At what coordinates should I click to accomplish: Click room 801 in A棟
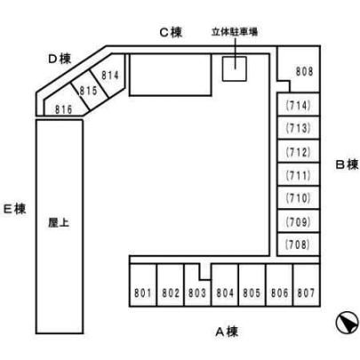[143, 284]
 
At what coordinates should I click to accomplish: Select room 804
[225, 284]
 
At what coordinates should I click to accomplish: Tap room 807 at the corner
[307, 284]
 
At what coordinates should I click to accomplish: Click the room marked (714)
[298, 104]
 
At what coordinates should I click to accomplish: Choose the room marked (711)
[298, 174]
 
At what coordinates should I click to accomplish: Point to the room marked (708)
[298, 244]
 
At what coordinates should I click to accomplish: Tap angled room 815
[89, 90]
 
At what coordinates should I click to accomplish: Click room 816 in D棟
[65, 104]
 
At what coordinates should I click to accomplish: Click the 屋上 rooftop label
[59, 223]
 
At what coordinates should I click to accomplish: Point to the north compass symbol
[348, 322]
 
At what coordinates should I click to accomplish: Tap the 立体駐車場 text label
[235, 32]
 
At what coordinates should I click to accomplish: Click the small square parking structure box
[235, 68]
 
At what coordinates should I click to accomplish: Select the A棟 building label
[227, 332]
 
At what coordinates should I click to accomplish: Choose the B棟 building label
[347, 164]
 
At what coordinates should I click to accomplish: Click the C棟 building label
[171, 32]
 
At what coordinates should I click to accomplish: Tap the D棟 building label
[60, 59]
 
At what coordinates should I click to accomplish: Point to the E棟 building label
[14, 209]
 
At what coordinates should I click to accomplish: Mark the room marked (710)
[298, 198]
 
